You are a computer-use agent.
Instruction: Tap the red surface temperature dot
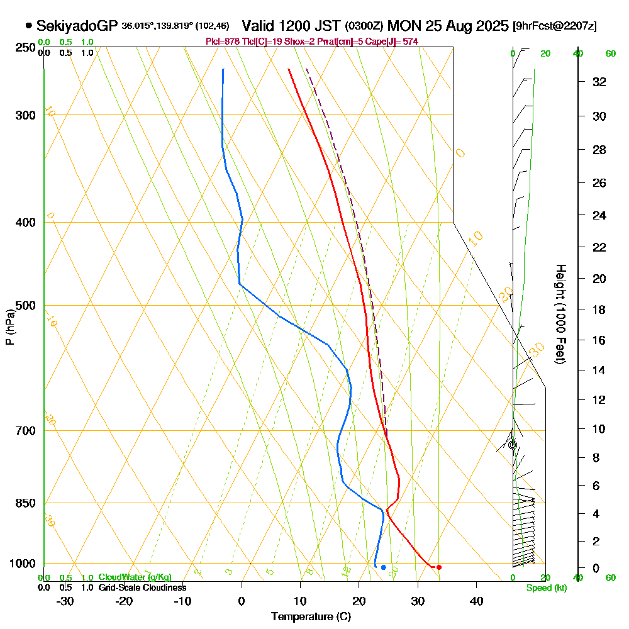[439, 567]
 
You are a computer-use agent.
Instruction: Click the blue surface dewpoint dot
[383, 567]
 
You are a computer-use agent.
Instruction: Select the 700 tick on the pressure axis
[24, 431]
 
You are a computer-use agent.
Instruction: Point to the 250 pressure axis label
[24, 48]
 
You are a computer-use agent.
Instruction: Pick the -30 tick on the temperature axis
[65, 601]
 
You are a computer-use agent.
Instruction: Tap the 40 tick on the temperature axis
[476, 601]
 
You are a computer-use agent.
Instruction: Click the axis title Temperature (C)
[311, 617]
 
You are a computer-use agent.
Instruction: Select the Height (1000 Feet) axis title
[559, 314]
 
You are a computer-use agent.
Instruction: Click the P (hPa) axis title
[9, 326]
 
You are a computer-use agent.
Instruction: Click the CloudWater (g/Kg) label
[135, 577]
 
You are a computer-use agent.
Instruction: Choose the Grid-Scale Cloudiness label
[142, 587]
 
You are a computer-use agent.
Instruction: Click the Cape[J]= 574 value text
[396, 42]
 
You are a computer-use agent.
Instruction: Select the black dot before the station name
[29, 26]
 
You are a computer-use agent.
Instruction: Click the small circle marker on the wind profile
[513, 445]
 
